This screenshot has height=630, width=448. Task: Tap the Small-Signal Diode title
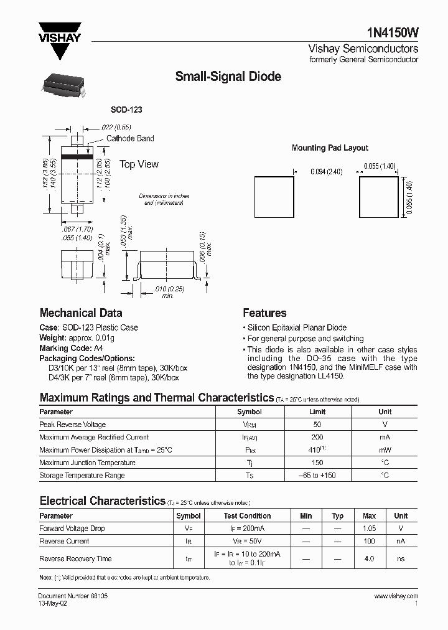pos(228,77)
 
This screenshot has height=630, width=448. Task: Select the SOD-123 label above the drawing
pos(126,110)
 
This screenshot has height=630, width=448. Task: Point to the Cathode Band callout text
pos(130,138)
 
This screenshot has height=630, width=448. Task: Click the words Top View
pos(139,164)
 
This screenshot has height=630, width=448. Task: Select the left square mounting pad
pos(274,197)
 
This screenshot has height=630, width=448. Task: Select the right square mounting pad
pos(378,197)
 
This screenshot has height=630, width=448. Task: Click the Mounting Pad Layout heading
pos(330,148)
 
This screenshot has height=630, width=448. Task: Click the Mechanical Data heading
pos(81,313)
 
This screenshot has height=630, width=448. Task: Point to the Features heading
pos(264,313)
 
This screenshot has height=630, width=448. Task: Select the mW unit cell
pos(385,450)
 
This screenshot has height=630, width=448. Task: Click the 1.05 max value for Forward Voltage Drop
pos(369,529)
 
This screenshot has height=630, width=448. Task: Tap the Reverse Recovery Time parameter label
pos(75,559)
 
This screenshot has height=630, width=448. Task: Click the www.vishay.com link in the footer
pos(396,596)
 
